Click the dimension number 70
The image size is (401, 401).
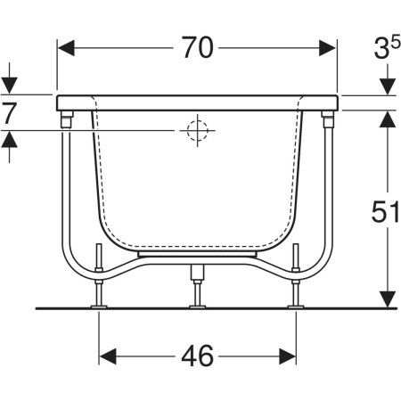click(x=198, y=47)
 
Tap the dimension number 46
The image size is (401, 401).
click(x=198, y=356)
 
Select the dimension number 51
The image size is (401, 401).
click(x=385, y=211)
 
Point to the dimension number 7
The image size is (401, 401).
click(x=9, y=113)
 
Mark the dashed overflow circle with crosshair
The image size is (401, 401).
click(x=197, y=130)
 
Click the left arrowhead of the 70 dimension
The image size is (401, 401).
click(x=66, y=48)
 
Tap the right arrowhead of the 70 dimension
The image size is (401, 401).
click(x=328, y=48)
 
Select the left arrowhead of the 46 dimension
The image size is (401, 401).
click(x=108, y=356)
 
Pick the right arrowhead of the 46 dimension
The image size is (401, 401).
click(x=287, y=356)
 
